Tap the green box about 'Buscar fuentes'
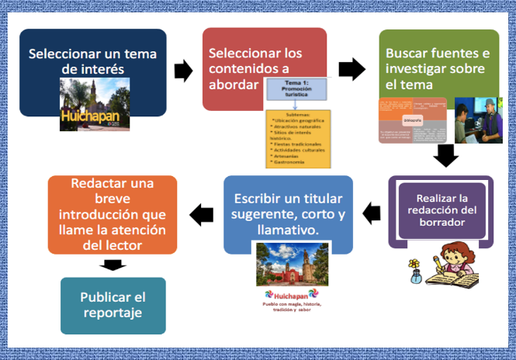coord(438,58)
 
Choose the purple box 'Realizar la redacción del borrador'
coord(440,210)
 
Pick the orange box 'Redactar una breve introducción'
coord(113,214)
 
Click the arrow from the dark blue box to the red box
coord(183,72)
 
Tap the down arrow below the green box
coord(445,156)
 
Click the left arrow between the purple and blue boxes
coord(372,212)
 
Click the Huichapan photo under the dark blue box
coord(95,106)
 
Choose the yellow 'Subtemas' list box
coord(297,139)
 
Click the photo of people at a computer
coord(473,120)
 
